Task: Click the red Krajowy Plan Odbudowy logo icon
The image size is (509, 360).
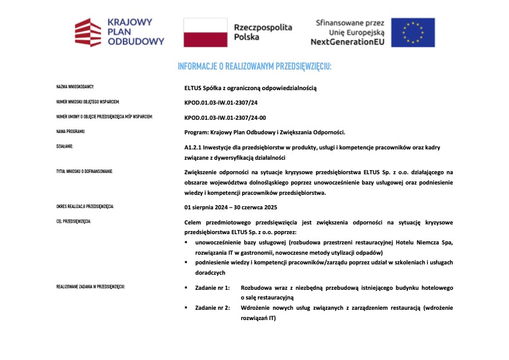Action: (x=87, y=32)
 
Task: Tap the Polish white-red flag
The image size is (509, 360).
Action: (x=205, y=32)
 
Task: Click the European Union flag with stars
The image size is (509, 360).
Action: (x=412, y=32)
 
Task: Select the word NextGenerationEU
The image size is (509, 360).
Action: (x=347, y=42)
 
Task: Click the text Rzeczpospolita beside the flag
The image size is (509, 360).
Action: (x=263, y=27)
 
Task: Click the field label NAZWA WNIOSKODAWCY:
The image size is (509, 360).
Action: (x=74, y=88)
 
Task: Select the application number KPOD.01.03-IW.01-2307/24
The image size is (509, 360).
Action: (x=220, y=102)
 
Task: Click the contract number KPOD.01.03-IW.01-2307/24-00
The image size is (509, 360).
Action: (x=225, y=117)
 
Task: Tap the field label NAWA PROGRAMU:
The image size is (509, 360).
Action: (x=70, y=132)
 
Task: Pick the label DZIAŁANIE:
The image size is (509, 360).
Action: (x=65, y=147)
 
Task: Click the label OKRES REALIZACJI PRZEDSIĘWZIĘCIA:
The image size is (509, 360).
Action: (x=85, y=207)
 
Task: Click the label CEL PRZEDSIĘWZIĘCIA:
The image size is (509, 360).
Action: (x=73, y=222)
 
